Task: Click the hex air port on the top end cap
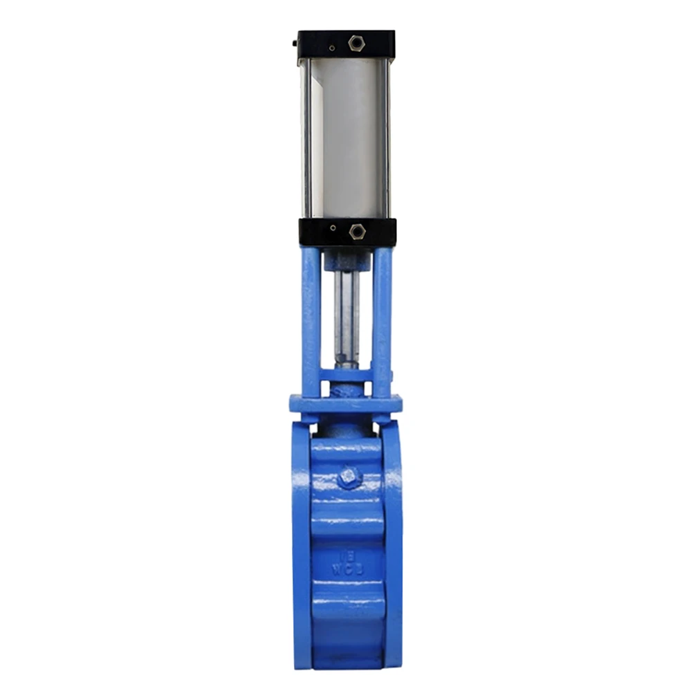tap(356, 43)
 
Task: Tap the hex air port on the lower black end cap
tap(356, 231)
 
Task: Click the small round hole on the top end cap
tap(332, 48)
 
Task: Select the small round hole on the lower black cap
tap(333, 228)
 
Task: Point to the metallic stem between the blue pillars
tap(347, 318)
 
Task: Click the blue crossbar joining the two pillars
tap(346, 376)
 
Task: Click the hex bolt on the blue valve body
tap(349, 477)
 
